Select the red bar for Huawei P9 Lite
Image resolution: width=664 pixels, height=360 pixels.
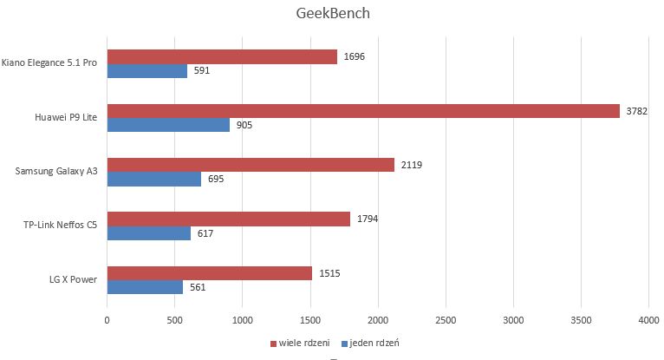click(363, 111)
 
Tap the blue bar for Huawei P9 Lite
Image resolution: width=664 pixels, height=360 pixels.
click(168, 125)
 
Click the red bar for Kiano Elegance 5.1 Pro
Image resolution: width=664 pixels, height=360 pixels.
click(222, 56)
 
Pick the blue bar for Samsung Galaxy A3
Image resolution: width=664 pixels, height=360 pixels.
click(153, 179)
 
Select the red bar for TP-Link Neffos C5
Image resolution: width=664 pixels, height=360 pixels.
click(228, 219)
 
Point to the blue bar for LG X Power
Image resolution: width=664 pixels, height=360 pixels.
click(145, 287)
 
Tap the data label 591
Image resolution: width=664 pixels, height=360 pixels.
click(202, 71)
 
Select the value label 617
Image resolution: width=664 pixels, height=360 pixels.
click(205, 233)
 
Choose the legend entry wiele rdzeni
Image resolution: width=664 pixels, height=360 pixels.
click(297, 342)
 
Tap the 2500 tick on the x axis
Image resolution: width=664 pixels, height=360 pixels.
click(446, 320)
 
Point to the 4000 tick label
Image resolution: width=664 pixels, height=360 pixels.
click(648, 320)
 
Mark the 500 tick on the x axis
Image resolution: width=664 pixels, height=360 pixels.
click(174, 320)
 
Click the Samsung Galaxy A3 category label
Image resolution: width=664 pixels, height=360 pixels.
click(55, 172)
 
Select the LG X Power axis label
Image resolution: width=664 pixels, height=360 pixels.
click(73, 280)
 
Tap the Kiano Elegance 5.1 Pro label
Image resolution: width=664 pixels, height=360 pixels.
click(49, 63)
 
